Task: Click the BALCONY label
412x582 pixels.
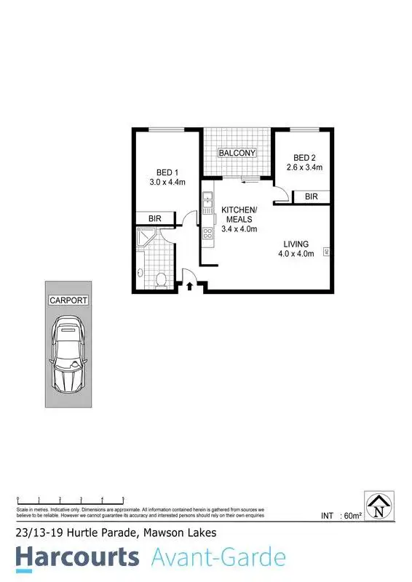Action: click(238, 153)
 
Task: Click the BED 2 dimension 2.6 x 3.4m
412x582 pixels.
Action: click(305, 168)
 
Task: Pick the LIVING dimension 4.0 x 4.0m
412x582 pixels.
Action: click(296, 254)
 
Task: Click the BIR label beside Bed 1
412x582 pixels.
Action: click(155, 218)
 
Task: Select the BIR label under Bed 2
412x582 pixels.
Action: click(311, 196)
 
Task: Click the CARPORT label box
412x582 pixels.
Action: click(68, 300)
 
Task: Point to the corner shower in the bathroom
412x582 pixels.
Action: click(148, 237)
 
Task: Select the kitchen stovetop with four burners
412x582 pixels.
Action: click(207, 234)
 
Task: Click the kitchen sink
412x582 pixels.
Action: click(207, 197)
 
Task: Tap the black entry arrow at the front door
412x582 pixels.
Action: click(189, 287)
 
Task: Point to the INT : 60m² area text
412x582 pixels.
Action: click(341, 516)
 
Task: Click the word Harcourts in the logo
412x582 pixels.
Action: click(77, 557)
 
